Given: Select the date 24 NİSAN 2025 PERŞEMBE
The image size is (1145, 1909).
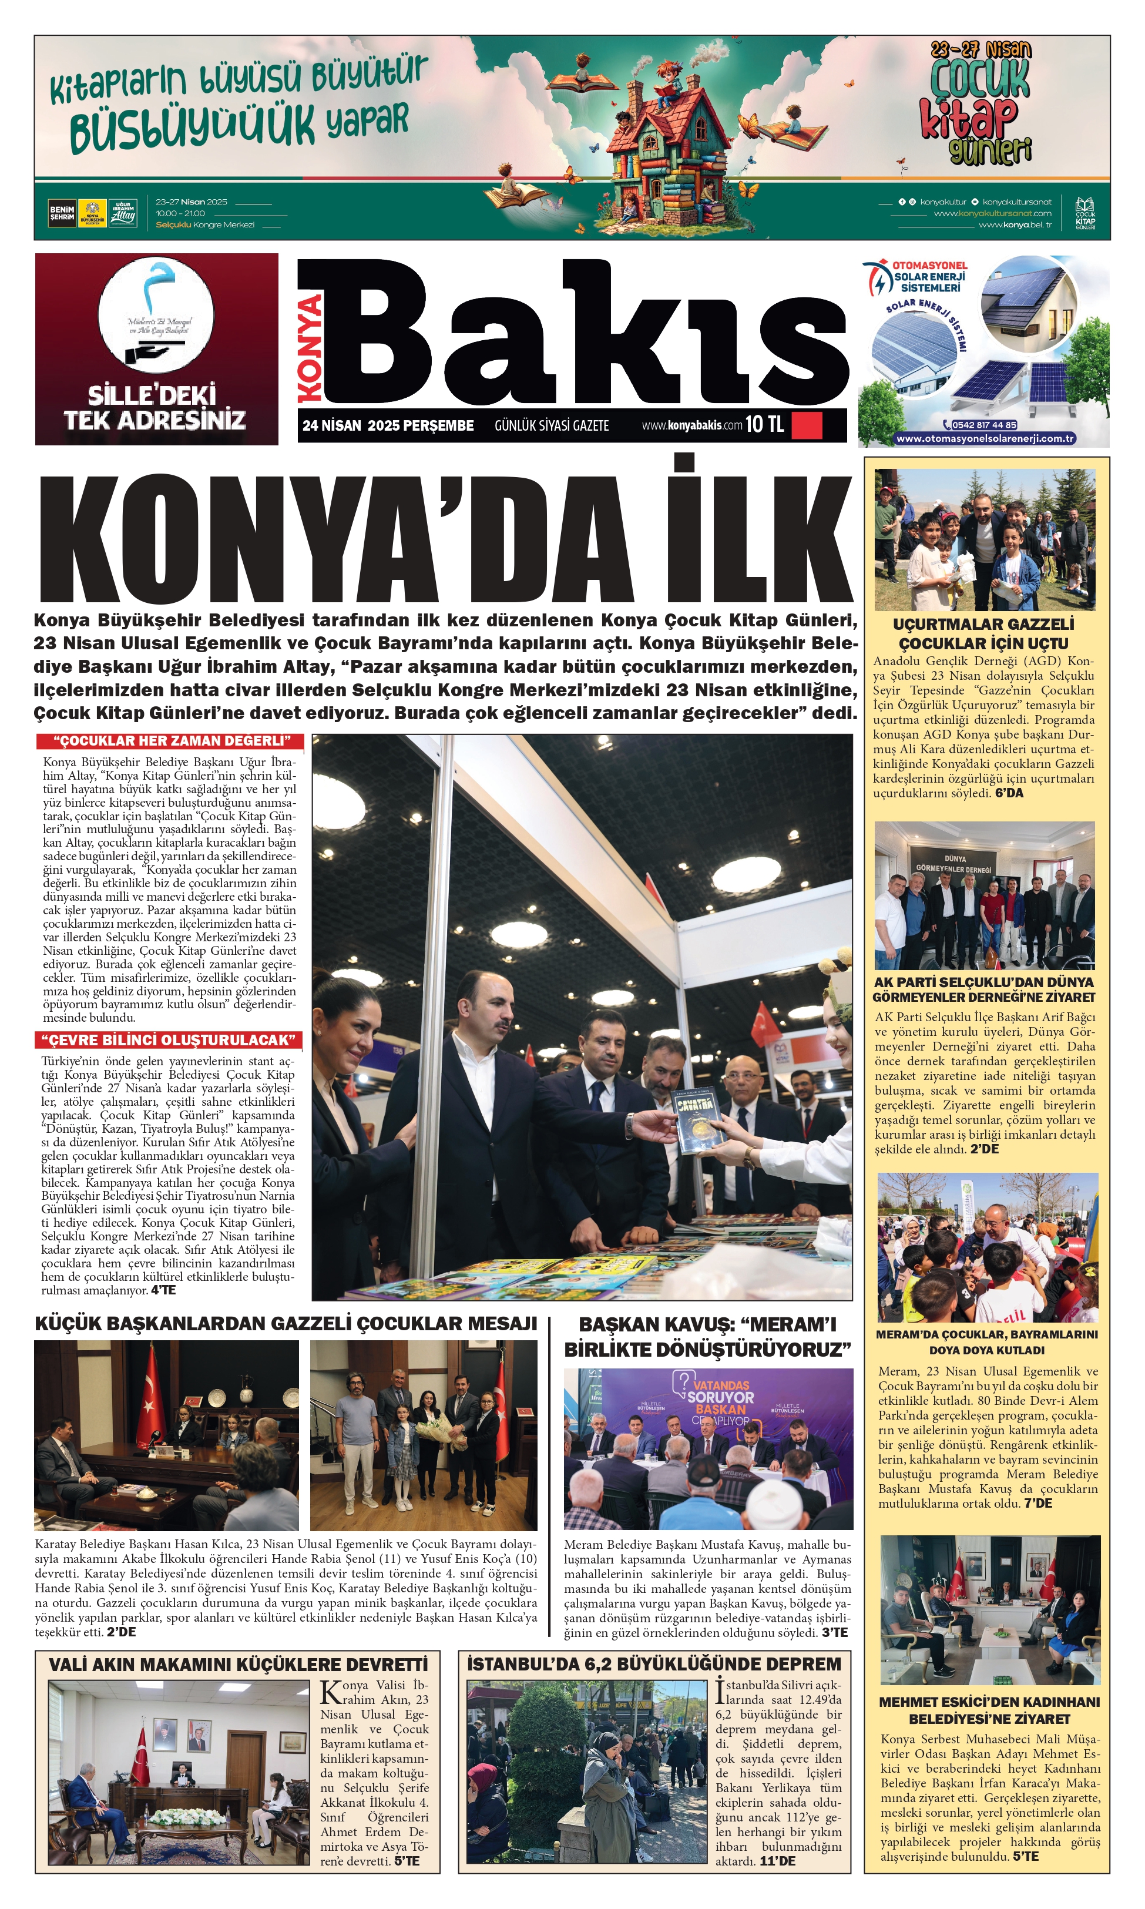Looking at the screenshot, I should click(x=388, y=425).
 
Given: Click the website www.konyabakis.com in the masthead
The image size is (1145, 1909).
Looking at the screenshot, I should click(x=691, y=425).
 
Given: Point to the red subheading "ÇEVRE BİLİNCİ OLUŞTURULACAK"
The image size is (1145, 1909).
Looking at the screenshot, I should click(x=169, y=1039).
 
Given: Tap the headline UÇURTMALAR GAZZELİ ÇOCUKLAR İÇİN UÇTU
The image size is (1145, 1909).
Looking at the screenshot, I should click(x=984, y=633).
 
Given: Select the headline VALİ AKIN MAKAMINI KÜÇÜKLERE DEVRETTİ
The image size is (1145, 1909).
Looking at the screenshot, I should click(x=238, y=1665).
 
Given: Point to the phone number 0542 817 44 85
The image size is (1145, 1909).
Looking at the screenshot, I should click(x=984, y=424).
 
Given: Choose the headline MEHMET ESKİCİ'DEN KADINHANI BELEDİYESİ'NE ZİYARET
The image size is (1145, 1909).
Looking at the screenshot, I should click(x=989, y=1710).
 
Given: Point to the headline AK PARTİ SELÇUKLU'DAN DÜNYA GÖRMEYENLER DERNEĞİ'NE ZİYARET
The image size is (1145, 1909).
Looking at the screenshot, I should click(x=984, y=989).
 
